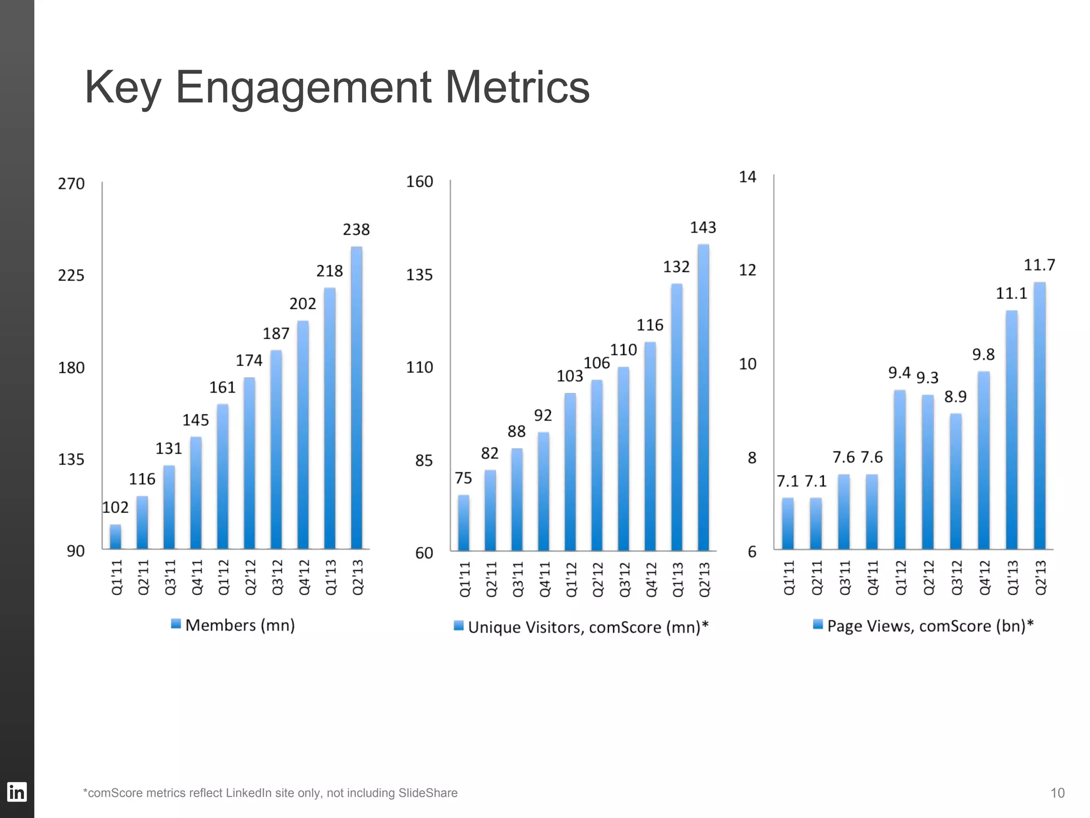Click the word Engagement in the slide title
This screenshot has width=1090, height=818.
[x=303, y=88]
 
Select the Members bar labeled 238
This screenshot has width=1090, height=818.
[x=356, y=397]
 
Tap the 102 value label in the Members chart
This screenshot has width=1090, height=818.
[x=115, y=508]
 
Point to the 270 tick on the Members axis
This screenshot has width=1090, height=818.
[x=71, y=184]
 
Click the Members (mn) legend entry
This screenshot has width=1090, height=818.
[x=233, y=625]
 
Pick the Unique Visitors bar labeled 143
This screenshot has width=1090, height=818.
[x=703, y=397]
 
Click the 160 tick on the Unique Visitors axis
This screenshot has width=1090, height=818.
[x=419, y=182]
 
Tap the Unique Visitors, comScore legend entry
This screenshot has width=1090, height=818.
[x=581, y=627]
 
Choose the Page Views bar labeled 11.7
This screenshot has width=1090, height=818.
[x=1039, y=415]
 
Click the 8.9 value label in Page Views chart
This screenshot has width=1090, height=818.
[x=955, y=397]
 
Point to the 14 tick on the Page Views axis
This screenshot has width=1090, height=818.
[x=747, y=177]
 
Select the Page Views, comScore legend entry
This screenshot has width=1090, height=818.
[x=923, y=625]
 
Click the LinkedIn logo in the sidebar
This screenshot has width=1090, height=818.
[x=16, y=792]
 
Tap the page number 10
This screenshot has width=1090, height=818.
[x=1057, y=793]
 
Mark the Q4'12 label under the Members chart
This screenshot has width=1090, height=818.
[x=304, y=577]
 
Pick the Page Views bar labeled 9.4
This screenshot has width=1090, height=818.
[x=899, y=469]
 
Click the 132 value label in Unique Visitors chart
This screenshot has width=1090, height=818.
[x=676, y=267]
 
